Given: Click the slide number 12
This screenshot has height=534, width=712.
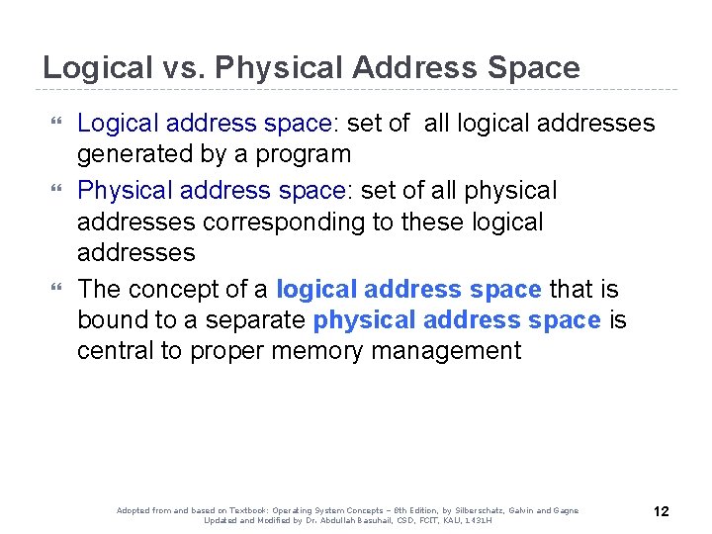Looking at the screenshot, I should pos(662,511).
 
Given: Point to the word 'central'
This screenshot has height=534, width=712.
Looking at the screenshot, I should pos(115,351).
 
